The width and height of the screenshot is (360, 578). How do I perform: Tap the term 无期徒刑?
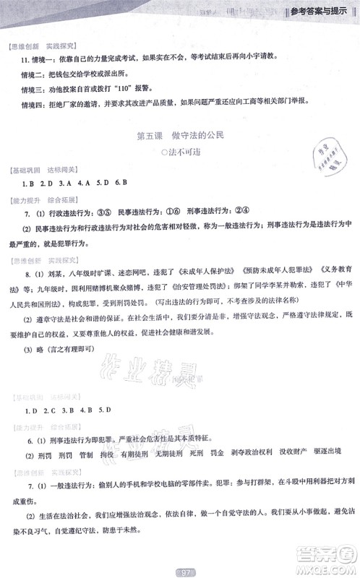[x=171, y=457]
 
